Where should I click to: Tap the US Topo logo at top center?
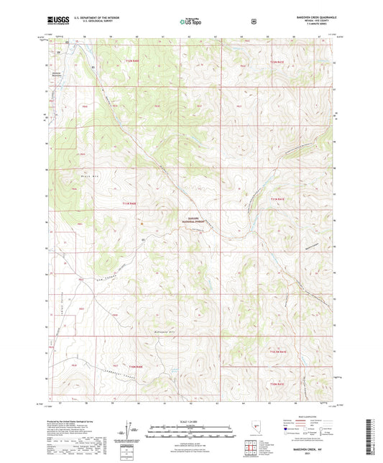pos(190,22)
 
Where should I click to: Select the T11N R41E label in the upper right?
pos(277,63)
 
